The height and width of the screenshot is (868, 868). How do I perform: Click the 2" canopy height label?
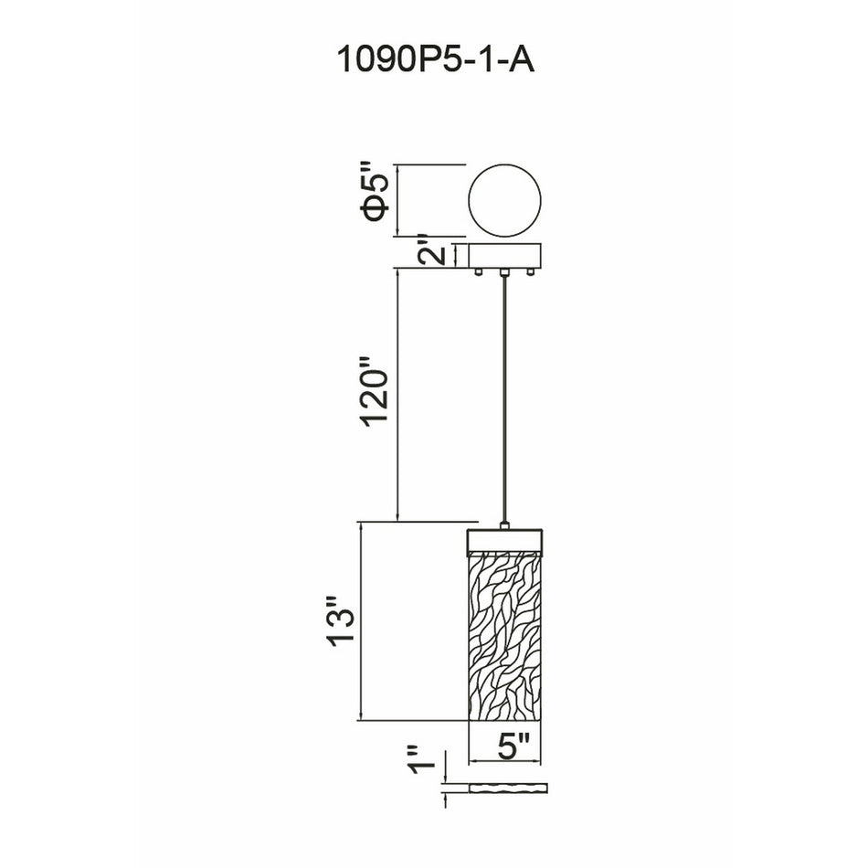[439, 254]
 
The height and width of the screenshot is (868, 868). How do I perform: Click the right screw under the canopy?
[533, 271]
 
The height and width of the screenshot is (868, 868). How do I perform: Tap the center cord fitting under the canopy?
[504, 271]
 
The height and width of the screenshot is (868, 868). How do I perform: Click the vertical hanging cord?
[504, 402]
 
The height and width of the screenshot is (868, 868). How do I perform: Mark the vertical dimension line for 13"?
[365, 621]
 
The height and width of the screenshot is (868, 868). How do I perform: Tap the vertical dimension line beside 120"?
[397, 396]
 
